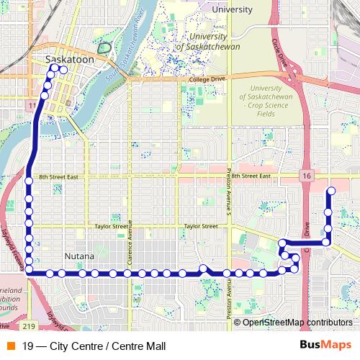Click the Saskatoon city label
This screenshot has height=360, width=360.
[x=69, y=60]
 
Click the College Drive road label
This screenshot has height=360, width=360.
[x=207, y=79]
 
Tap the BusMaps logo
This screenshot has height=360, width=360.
[x=325, y=344]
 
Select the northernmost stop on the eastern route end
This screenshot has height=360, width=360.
[x=331, y=191]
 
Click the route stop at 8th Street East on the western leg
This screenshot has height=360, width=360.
[x=29, y=180]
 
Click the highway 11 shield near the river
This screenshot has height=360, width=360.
[x=31, y=106]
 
